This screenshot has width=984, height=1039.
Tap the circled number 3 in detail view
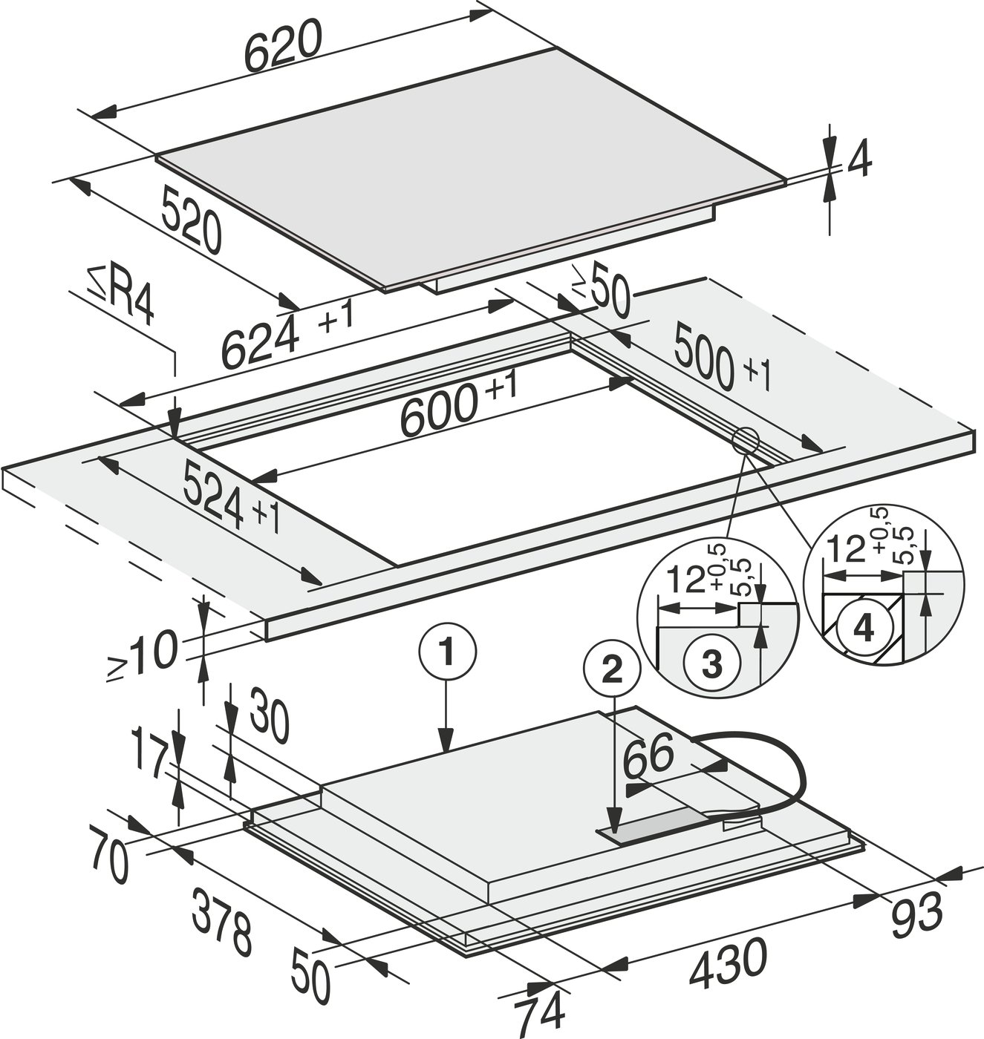click(x=711, y=663)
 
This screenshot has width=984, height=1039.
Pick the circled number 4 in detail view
click(x=864, y=629)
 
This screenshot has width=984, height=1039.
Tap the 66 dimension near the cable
click(x=648, y=756)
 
